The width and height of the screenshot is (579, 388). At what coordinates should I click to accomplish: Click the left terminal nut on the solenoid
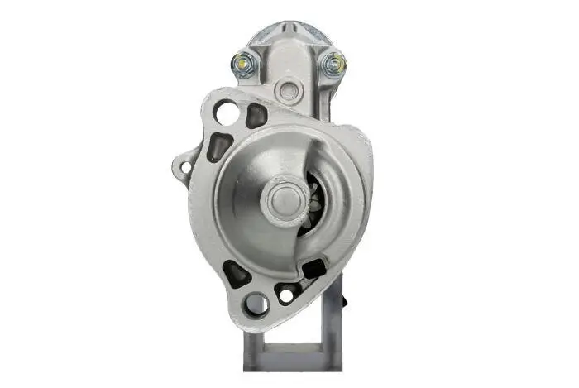242,62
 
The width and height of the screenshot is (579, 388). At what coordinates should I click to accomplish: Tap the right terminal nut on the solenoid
334,63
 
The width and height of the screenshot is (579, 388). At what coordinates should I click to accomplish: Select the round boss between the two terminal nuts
287,90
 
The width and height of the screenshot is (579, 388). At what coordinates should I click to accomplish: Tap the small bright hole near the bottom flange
286,294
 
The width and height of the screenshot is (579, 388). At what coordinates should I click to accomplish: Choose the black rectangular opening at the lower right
314,268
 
